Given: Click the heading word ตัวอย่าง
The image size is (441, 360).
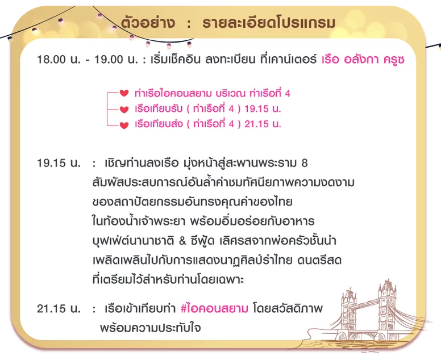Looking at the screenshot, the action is coord(148,23).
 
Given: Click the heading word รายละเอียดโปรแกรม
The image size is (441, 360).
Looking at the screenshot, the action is coord(269,23).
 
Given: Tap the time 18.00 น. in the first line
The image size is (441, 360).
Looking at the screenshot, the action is coord(59,60).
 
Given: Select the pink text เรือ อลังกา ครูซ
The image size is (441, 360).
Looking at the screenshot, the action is coord(363,60).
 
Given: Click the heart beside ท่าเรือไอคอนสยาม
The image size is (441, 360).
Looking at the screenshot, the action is coord(124,93).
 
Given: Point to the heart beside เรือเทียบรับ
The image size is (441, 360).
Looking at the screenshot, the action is coord(124,109).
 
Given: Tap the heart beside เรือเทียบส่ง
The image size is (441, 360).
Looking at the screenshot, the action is coord(124,125).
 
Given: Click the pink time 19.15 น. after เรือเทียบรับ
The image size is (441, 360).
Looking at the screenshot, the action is coord(263,109).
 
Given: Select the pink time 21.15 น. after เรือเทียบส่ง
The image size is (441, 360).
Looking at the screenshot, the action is coord(263,124).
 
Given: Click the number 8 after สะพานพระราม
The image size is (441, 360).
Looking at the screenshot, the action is coord(304,163).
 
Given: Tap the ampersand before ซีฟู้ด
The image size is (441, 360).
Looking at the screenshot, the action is coord(182,241).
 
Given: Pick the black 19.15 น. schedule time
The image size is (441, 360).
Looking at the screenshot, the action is coord(59,163).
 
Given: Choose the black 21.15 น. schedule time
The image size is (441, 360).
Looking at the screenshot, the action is coord(59,308).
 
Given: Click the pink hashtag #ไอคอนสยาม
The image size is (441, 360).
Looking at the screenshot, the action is coord(214,308).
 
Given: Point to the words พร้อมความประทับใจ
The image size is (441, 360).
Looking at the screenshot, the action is coord(150,328).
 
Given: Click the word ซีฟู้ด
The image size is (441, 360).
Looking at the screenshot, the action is coord(202,241).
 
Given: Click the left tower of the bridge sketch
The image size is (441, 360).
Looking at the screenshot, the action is coord(349,312).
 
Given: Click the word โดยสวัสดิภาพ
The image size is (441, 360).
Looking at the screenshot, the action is coord(288,308).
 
